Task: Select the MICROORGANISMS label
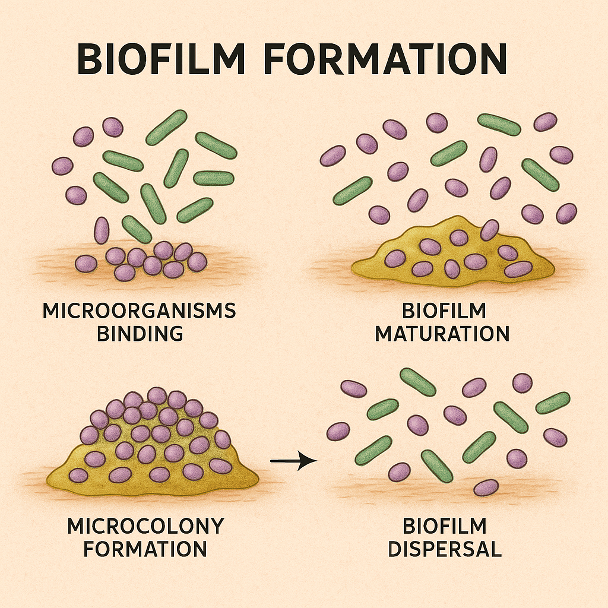(x=139, y=311)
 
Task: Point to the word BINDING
(x=140, y=333)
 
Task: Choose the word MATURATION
(x=442, y=333)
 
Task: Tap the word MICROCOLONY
(x=145, y=525)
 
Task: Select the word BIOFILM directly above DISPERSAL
(x=445, y=525)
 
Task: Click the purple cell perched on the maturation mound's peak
(x=489, y=230)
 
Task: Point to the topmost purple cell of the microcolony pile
(x=157, y=395)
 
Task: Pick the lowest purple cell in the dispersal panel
(x=486, y=487)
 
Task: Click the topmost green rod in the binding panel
(x=166, y=127)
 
